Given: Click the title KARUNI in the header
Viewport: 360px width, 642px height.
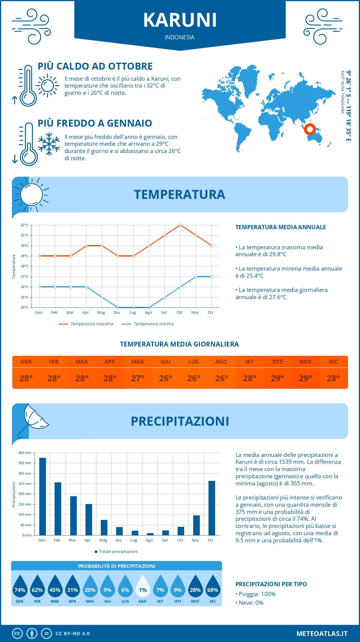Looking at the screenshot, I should pos(180,20).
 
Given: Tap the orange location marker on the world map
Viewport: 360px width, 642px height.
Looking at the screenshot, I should pos(310,130).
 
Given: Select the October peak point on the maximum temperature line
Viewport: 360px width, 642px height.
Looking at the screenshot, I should pos(180,225).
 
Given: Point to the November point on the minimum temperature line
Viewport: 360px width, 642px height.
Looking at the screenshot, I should pos(196,277).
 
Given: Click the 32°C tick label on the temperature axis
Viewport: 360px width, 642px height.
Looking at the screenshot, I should pos(25,225).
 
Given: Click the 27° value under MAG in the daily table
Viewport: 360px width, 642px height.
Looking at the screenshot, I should pos(138,378).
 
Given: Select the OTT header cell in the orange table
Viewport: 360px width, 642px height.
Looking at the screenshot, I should pos(277,362).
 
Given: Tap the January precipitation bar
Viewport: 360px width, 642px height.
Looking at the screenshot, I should pos(43,496).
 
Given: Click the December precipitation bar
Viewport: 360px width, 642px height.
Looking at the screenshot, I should pos(212,508).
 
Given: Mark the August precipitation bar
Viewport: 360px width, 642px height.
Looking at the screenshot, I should pos(150,534).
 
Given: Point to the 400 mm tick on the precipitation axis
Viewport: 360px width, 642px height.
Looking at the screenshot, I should pos(25,453).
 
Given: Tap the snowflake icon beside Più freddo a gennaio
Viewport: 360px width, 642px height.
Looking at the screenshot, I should pos(49,144).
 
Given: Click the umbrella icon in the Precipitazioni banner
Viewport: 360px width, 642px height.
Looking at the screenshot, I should pos(33,418).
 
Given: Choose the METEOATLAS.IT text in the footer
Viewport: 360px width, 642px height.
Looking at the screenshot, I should pos(322,634).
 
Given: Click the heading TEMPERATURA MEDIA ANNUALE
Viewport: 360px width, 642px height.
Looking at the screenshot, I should pos(280,227).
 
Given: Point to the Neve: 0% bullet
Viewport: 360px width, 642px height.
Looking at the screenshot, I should pos(251,603).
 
